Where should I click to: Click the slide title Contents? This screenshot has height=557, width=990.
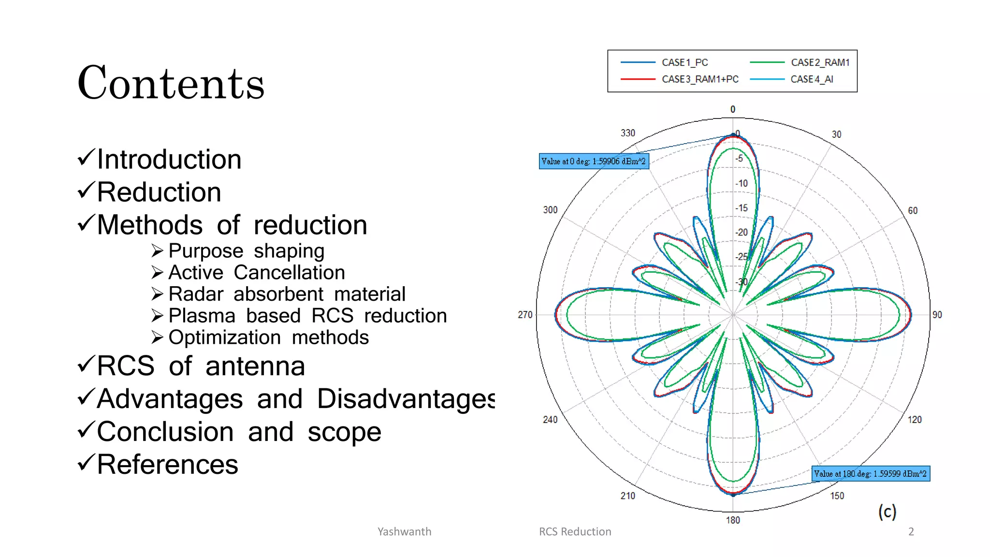[x=171, y=83]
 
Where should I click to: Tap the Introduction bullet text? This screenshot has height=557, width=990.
[x=169, y=160]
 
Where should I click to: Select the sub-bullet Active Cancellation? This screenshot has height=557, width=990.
[x=256, y=273]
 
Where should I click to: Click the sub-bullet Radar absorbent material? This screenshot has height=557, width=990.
[x=287, y=294]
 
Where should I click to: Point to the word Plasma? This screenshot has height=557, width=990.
[x=202, y=316]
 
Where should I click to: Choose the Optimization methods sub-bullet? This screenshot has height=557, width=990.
[x=268, y=337]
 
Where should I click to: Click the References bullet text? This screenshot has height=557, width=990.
[x=167, y=465]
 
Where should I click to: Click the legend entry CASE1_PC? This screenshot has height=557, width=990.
[x=684, y=62]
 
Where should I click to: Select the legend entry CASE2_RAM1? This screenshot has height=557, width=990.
[x=820, y=62]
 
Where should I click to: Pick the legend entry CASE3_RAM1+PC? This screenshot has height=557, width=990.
[x=700, y=79]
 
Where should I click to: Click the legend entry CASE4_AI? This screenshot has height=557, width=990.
[x=812, y=79]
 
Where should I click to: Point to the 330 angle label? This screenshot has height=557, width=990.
[x=627, y=133]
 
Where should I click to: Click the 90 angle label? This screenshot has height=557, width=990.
[x=937, y=315]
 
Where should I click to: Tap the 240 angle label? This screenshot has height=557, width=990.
[x=550, y=420]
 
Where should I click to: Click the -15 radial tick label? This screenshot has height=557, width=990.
[x=742, y=208]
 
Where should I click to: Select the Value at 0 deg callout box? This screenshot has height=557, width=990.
[x=594, y=161]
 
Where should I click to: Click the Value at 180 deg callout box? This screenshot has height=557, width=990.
[x=870, y=474]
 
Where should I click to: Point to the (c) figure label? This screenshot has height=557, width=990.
[x=887, y=512]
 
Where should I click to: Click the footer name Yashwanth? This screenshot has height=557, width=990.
[x=404, y=531]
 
